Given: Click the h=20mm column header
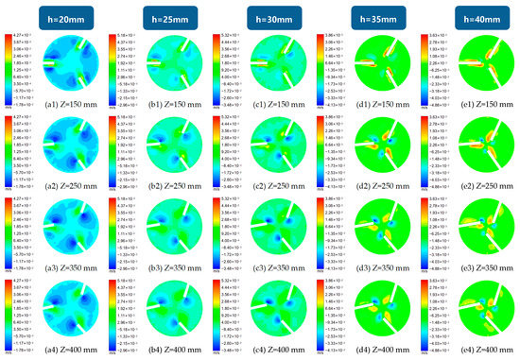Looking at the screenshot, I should click(x=58, y=15).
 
